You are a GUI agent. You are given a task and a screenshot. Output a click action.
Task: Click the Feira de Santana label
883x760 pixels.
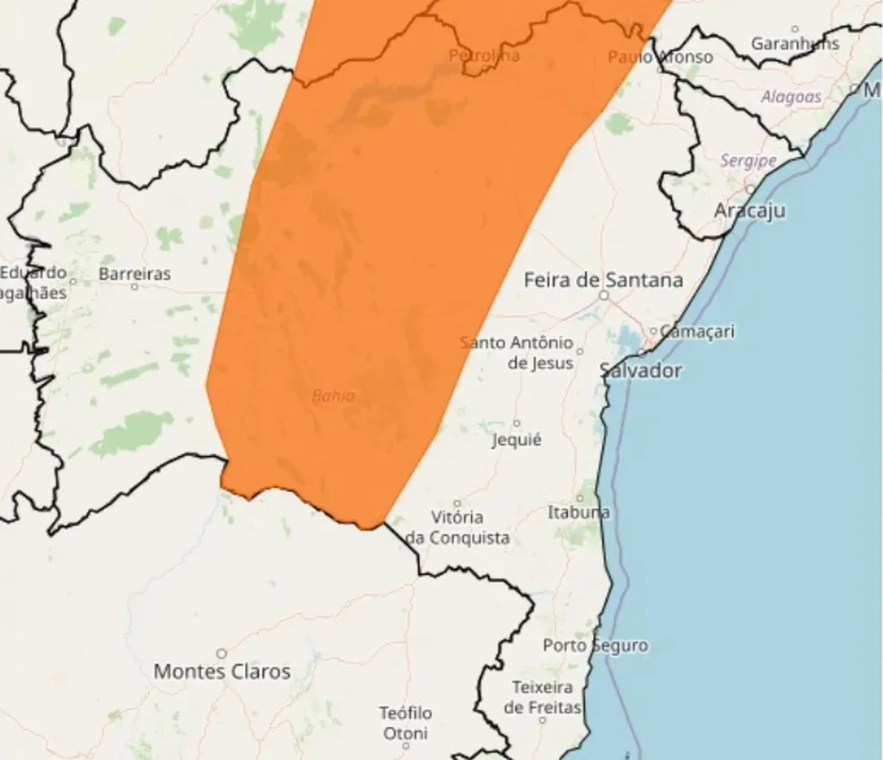click(x=603, y=280)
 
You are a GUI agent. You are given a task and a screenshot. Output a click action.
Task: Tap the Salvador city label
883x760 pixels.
click(x=641, y=371)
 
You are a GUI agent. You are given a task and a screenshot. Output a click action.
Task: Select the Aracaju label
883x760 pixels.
click(x=750, y=211)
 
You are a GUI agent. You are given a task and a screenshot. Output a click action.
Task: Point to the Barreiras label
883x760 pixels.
click(x=135, y=274)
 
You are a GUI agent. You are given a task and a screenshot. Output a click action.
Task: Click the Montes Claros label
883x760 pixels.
click(x=222, y=671)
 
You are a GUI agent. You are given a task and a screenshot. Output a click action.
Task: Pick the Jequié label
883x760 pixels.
click(x=517, y=440)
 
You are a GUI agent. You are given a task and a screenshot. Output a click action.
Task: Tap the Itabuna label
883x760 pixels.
click(x=579, y=512)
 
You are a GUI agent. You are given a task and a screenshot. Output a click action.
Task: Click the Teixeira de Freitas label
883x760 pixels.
click(x=542, y=697)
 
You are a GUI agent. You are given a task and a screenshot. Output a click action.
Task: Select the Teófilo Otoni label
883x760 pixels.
click(x=405, y=723)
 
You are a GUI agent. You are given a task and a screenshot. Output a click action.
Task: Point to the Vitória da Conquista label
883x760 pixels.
click(x=458, y=528)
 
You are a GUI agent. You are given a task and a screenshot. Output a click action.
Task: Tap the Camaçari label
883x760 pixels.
click(x=697, y=331)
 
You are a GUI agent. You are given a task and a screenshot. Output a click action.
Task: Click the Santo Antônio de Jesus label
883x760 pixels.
click(x=517, y=353)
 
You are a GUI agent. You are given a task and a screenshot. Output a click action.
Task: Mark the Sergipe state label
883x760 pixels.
click(x=747, y=161)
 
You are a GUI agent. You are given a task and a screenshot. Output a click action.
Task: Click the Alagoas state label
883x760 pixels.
click(x=791, y=97)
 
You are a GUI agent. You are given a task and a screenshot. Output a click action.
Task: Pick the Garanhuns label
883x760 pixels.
click(x=795, y=43)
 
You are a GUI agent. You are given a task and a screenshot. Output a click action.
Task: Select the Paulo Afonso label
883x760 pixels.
click(x=660, y=57)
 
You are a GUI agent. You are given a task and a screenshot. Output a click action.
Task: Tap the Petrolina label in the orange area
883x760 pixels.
click(x=484, y=56)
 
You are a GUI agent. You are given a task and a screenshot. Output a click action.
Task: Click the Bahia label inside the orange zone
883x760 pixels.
click(x=333, y=396)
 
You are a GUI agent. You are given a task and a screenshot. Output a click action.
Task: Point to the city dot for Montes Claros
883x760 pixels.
click(x=221, y=653)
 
